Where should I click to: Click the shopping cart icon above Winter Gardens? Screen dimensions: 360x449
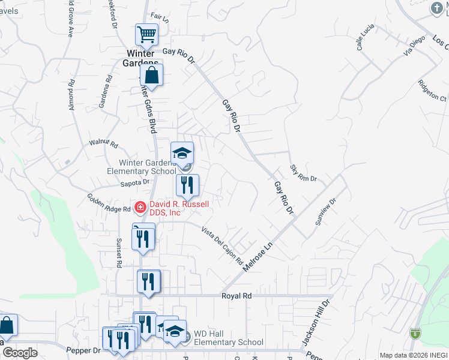[146, 35]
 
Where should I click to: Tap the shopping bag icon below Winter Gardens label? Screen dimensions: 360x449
[151, 76]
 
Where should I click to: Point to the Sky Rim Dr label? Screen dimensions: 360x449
[303, 174]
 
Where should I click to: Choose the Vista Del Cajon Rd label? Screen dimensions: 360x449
[221, 245]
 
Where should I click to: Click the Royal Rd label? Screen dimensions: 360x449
[235, 296]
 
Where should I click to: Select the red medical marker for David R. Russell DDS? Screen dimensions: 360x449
[140, 208]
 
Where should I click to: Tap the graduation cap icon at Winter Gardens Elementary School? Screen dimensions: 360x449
[182, 154]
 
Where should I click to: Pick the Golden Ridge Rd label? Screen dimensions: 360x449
[109, 202]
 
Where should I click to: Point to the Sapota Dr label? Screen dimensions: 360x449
[134, 183]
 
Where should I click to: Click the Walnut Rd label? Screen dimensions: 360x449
[104, 144]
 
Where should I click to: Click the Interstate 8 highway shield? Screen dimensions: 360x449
[415, 333]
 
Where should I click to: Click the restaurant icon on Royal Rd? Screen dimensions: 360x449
[148, 281]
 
